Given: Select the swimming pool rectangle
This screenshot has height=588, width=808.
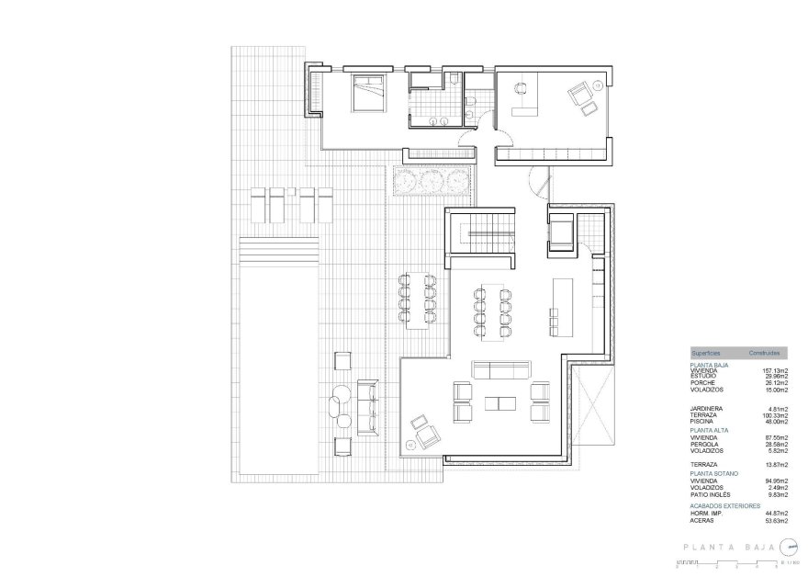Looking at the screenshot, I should click(x=279, y=358).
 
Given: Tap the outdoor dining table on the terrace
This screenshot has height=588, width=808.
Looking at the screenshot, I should click(x=417, y=300).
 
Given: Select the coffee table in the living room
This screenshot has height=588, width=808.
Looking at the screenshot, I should click(x=501, y=402).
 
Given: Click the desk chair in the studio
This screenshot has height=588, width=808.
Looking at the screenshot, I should click(x=520, y=89).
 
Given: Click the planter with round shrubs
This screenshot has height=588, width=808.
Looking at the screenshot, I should click(x=432, y=180).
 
